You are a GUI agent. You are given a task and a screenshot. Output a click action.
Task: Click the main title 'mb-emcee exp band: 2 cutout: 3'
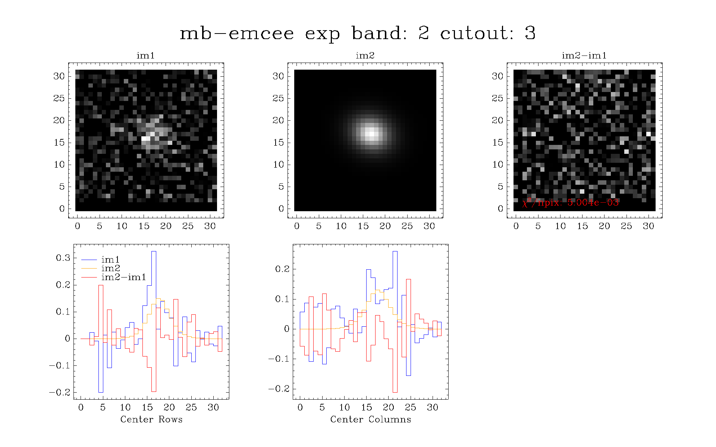tap(358, 34)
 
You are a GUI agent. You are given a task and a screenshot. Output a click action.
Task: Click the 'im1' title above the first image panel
tap(145, 56)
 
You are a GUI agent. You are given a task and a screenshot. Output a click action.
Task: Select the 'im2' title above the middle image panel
tap(365, 56)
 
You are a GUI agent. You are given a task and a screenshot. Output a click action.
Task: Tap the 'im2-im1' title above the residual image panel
tap(584, 56)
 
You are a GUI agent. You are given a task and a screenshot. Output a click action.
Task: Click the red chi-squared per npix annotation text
tap(571, 202)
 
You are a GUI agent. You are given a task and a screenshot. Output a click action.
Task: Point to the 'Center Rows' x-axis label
tap(151, 419)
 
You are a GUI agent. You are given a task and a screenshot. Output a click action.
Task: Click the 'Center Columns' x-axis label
tap(371, 419)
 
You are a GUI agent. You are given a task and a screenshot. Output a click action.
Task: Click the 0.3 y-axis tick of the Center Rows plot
tap(63, 258)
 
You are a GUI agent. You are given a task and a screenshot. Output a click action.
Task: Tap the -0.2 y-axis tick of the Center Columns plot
tap(279, 389)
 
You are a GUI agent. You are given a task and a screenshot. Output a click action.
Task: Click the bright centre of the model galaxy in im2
tap(371, 132)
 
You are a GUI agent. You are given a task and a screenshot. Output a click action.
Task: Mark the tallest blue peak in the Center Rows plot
tap(154, 251)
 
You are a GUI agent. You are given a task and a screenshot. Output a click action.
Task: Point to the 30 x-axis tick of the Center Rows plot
tap(213, 407)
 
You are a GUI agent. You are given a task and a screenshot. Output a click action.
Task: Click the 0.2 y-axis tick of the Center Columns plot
tap(282, 269)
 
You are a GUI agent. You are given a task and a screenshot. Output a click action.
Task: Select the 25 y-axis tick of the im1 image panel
tap(59, 98)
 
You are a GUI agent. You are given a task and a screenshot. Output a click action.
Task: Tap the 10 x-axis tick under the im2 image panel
tap(341, 226)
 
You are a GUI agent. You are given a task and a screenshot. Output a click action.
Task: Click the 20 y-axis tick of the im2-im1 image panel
tap(497, 120)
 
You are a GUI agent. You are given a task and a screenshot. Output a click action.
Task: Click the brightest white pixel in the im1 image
tap(146, 139)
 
